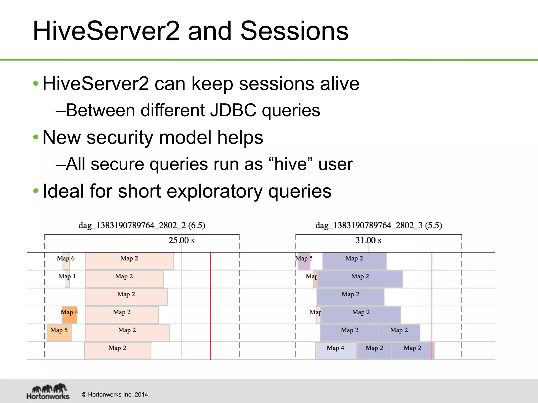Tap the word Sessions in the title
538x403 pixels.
(294, 31)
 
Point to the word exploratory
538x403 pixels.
(214, 191)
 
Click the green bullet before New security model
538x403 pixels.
(36, 137)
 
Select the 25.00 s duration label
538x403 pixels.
(181, 240)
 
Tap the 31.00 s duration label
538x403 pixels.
(368, 240)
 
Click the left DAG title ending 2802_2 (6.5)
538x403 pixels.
(142, 225)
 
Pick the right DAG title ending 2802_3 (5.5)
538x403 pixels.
(379, 225)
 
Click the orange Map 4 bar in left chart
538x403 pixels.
(70, 315)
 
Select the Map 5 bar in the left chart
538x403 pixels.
(59, 333)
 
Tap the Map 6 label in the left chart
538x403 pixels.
(66, 258)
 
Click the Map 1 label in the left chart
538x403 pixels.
(67, 277)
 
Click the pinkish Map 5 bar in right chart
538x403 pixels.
(304, 261)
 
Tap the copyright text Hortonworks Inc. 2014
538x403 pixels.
(116, 395)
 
